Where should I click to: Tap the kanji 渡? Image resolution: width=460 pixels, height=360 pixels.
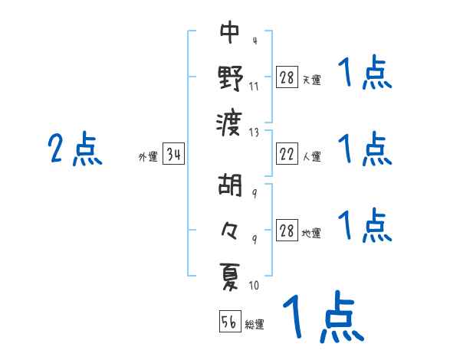click(x=230, y=120)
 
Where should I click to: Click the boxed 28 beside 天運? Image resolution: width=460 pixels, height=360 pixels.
click(x=287, y=77)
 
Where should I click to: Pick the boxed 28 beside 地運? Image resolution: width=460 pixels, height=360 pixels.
click(x=287, y=231)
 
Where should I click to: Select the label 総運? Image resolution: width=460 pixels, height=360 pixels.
click(x=255, y=324)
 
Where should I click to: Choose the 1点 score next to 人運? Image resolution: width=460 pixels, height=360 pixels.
click(x=365, y=149)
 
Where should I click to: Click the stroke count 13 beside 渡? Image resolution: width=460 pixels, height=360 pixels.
click(x=254, y=132)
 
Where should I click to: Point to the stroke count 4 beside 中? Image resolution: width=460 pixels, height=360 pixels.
click(x=254, y=41)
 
